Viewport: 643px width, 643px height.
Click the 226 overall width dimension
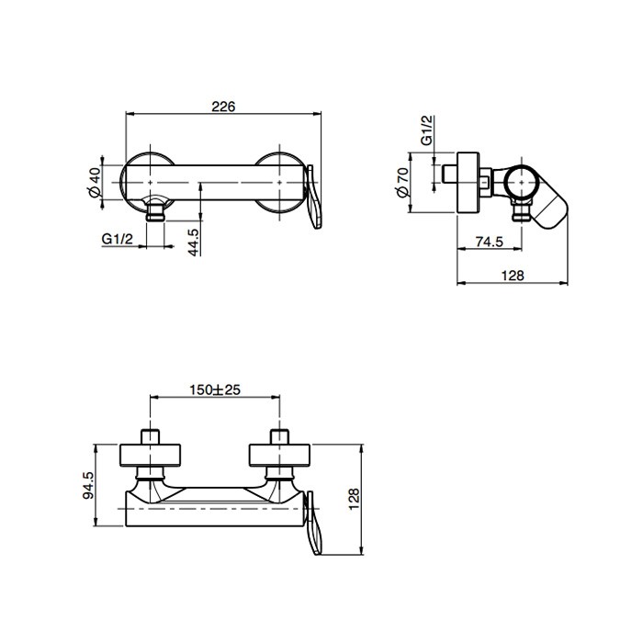pos(223,106)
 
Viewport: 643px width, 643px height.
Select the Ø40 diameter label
pos(95,180)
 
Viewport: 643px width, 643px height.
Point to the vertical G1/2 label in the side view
pos(427,130)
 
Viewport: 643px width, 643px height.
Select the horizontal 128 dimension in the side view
pos(513,276)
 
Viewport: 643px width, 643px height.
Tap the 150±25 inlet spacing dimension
pos(215,389)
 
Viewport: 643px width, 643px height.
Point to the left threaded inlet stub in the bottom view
pos(150,436)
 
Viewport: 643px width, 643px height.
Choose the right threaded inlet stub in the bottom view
pos(280,436)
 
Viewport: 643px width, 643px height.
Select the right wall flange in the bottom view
pos(280,456)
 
